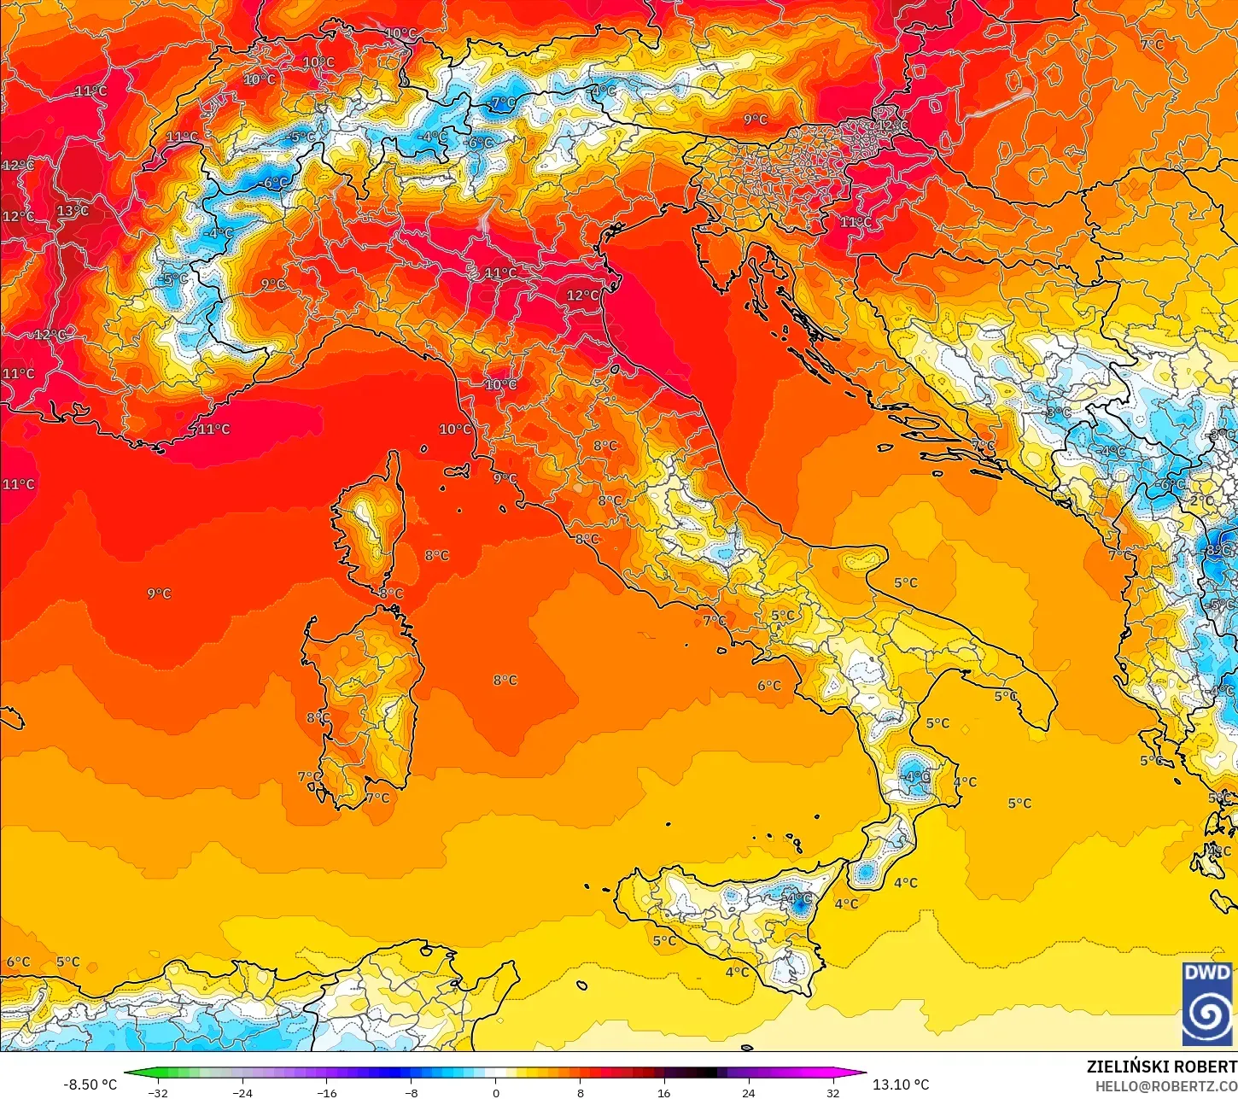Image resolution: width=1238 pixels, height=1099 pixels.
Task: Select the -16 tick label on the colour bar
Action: click(326, 1092)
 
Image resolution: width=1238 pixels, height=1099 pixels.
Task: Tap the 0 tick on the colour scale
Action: click(495, 1092)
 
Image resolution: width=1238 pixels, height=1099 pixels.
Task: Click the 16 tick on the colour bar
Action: click(663, 1092)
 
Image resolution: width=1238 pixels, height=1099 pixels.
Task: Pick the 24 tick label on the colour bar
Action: click(748, 1092)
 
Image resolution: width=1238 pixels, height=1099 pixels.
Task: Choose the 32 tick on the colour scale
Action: click(832, 1092)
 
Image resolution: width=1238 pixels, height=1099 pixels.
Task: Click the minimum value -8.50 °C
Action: click(90, 1084)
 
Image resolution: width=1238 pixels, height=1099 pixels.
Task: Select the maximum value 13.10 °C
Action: click(901, 1084)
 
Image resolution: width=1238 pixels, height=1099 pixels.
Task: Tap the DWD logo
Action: click(1207, 1004)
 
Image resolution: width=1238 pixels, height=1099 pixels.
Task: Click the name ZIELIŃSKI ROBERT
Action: click(1161, 1067)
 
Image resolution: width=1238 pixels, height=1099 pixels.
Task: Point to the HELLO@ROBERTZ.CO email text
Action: click(1166, 1086)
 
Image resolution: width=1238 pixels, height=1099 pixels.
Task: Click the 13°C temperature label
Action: click(73, 211)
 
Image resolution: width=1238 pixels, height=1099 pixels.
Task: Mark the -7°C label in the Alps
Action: click(503, 102)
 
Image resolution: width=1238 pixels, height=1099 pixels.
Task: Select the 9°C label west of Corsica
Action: click(159, 593)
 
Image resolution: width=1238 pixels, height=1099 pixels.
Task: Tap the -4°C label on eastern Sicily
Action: click(798, 898)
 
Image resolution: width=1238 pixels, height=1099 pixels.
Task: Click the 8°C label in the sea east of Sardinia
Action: click(505, 681)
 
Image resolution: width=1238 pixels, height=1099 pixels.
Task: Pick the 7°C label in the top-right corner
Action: click(1152, 44)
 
